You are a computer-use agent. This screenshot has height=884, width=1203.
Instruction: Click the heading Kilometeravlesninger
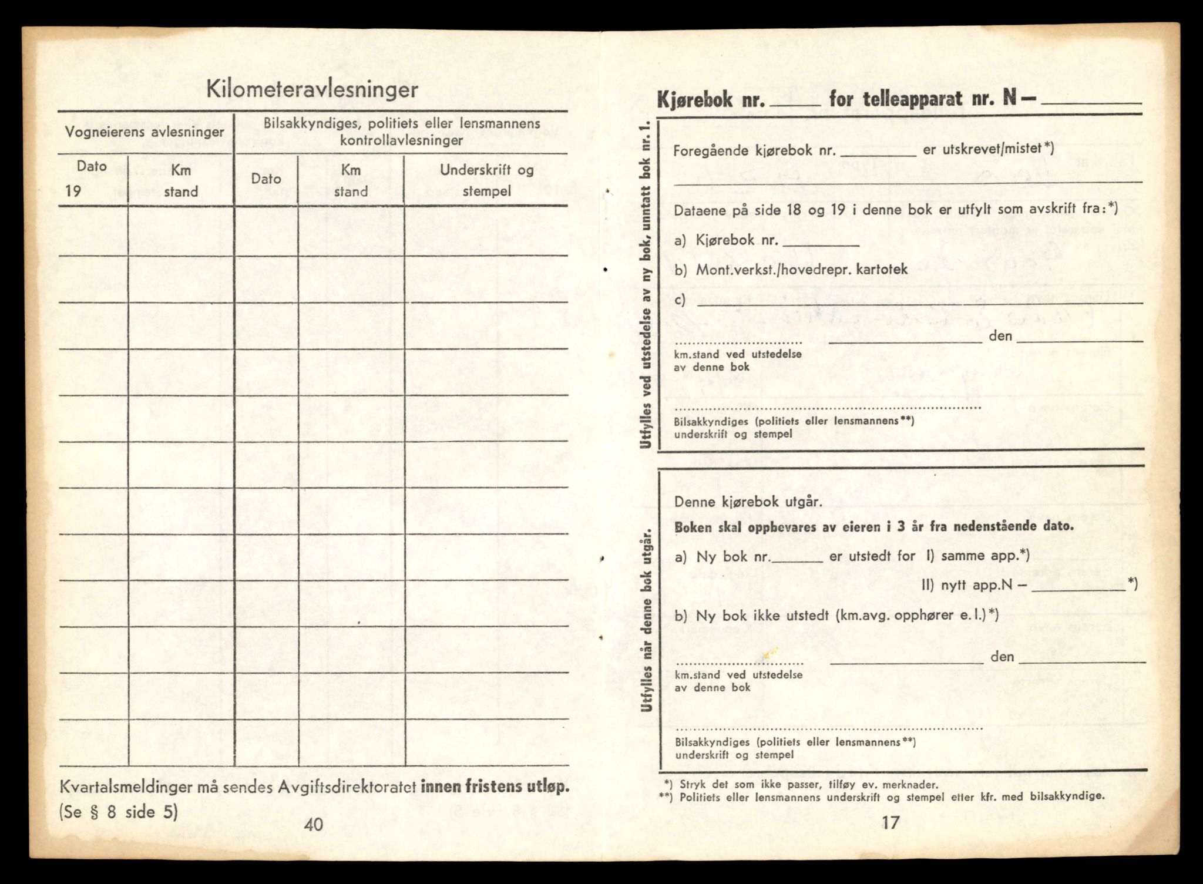point(312,90)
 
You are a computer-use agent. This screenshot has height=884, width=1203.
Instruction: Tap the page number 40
point(314,824)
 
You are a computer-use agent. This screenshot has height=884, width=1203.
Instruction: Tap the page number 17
point(891,822)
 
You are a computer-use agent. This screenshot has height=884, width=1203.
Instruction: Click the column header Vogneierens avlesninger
point(145,132)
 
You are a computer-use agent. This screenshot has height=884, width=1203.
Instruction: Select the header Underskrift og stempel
point(486,180)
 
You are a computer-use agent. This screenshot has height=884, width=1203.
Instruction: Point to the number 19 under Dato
point(73,191)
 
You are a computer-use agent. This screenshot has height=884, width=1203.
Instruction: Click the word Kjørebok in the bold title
point(694,99)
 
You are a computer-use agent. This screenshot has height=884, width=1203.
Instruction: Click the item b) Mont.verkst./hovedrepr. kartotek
point(791,270)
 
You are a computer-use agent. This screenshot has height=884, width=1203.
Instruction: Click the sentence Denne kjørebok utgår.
point(748,502)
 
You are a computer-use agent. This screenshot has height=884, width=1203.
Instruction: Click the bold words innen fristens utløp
point(495,787)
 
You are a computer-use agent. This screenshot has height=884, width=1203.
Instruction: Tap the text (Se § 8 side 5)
point(118,812)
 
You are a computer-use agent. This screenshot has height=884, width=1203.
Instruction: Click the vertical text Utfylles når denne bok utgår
point(647,619)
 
